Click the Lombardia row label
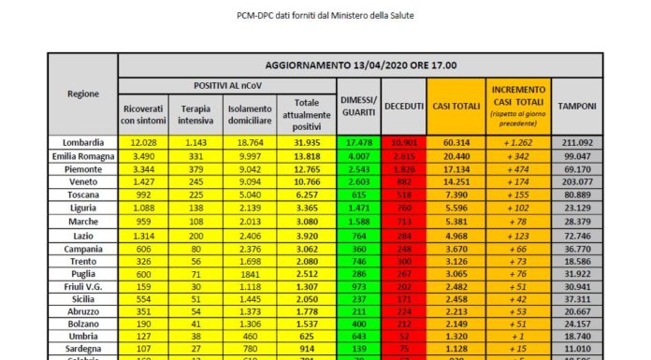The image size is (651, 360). coord(83,141)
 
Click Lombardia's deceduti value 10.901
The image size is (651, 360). coord(405,141)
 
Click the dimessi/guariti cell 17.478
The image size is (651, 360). coord(358,141)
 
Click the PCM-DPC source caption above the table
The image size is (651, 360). coord(325,16)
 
